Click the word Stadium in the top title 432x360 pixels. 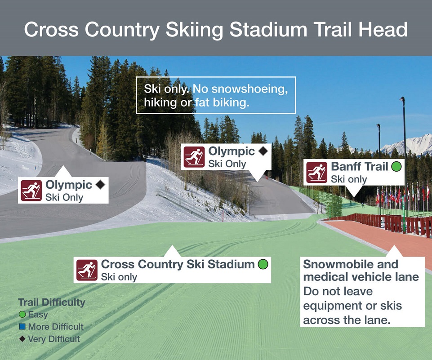[x=268, y=29]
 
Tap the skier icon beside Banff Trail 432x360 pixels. [x=317, y=173]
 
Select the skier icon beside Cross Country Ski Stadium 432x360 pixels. [x=87, y=270]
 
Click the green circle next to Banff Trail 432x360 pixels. [x=396, y=166]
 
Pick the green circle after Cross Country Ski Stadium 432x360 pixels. [x=263, y=264]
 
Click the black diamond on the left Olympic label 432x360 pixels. [x=100, y=184]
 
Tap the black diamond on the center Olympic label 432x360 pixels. [x=263, y=151]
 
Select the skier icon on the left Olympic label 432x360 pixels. [x=31, y=190]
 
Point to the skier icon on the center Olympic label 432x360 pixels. [x=194, y=157]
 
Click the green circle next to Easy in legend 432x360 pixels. [x=22, y=314]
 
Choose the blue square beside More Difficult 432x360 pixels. [x=22, y=327]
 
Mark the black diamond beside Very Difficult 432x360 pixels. [x=22, y=339]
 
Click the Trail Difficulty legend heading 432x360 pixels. [x=52, y=302]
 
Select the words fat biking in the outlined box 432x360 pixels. [x=223, y=102]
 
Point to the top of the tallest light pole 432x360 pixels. [x=402, y=98]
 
